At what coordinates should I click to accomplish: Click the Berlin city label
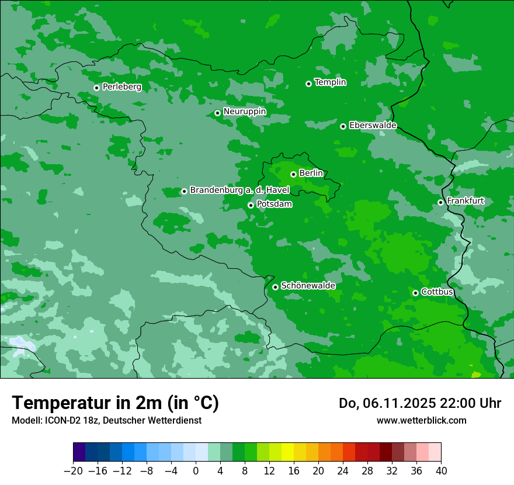pos(311,174)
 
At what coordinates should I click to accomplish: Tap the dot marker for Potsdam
pos(251,205)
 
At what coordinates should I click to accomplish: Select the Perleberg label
pos(121,87)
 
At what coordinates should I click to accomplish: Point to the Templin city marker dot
pos(308,84)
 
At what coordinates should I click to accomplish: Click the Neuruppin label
pos(244,112)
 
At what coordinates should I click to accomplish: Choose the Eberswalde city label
pos(373,126)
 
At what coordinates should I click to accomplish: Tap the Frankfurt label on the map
pos(465,201)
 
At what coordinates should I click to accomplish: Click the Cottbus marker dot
pos(415,293)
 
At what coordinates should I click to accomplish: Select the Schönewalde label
pos(308,286)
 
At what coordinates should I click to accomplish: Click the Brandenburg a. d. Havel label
pos(239,190)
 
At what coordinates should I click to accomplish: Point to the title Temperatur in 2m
pos(115,403)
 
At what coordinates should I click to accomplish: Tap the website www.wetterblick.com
pos(421,420)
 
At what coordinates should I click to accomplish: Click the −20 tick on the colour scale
pos(73,471)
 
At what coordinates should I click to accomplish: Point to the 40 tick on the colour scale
pos(441,471)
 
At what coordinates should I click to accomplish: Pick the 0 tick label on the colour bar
pos(196,471)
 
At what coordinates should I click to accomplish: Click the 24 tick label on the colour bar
pos(343,471)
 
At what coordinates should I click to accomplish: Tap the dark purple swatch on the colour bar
pos(79,452)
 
